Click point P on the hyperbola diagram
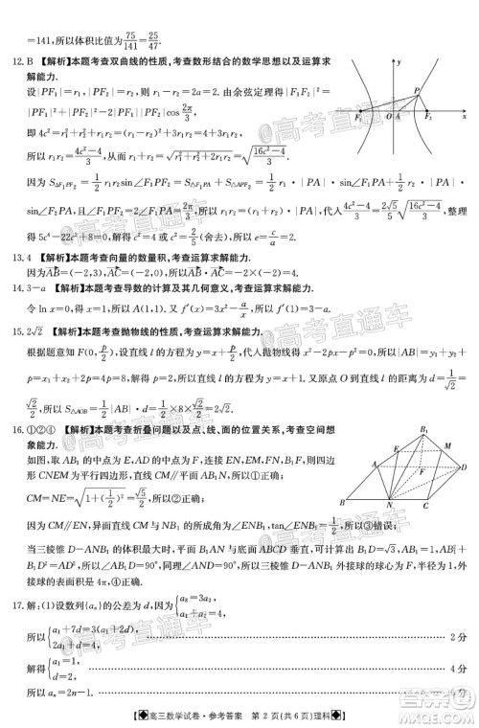418,89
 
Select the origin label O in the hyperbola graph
388,116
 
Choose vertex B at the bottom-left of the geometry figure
343,502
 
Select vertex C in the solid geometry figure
424,506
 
